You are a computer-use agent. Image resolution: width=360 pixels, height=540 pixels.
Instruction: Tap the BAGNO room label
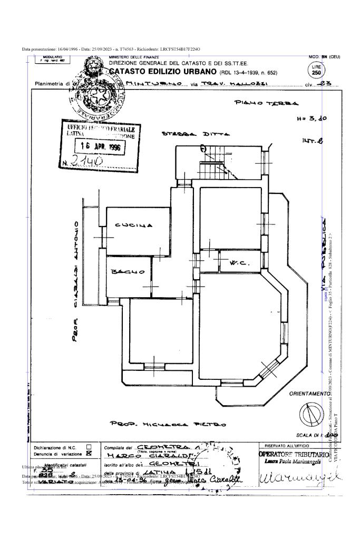[x=128, y=272]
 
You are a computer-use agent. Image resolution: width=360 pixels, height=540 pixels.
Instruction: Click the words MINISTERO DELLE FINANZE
[x=130, y=57]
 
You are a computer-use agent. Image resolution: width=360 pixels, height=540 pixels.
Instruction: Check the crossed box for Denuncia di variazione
[x=89, y=453]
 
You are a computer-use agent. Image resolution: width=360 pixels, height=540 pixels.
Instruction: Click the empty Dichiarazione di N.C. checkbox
[x=89, y=447]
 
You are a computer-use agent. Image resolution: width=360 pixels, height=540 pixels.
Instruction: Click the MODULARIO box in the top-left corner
[x=52, y=59]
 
